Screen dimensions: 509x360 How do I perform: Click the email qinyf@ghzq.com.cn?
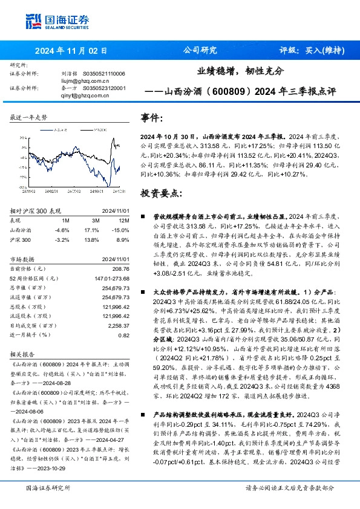click(x=87, y=94)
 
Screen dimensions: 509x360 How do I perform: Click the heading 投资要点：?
click(x=160, y=194)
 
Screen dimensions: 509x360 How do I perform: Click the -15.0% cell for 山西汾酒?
click(x=122, y=230)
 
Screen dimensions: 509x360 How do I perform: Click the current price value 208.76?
click(x=121, y=267)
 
